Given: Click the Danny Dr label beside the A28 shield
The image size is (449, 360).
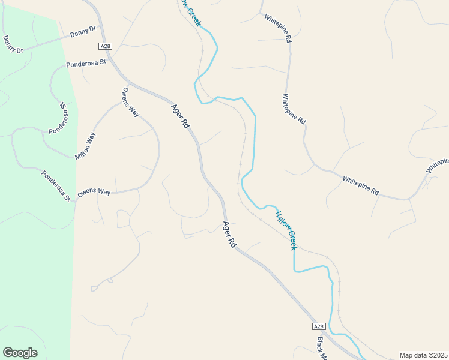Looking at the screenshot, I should [x=83, y=30].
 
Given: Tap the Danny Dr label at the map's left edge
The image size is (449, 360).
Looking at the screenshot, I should [x=12, y=44].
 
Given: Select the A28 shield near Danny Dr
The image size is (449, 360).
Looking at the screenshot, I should [x=106, y=46].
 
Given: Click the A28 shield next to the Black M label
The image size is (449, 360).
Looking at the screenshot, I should [x=319, y=326].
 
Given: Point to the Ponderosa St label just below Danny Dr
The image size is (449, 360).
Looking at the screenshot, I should [x=86, y=62].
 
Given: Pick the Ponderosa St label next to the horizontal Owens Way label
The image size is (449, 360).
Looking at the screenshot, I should [x=56, y=185].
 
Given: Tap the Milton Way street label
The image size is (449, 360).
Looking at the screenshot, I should [x=85, y=146].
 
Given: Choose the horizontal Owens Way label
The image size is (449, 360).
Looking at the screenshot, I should [x=94, y=192].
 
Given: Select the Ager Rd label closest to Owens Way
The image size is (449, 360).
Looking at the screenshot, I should [x=181, y=116].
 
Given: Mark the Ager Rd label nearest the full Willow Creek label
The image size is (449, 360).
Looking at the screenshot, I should [x=229, y=235].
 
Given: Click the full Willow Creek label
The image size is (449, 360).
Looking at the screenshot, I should [x=286, y=230].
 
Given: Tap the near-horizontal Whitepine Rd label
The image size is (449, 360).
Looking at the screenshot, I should [x=361, y=185].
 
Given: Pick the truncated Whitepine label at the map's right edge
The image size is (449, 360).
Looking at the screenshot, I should [x=438, y=166].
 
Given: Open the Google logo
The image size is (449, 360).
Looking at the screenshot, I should [x=20, y=353].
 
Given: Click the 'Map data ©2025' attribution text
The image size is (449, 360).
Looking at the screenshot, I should [x=423, y=355].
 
